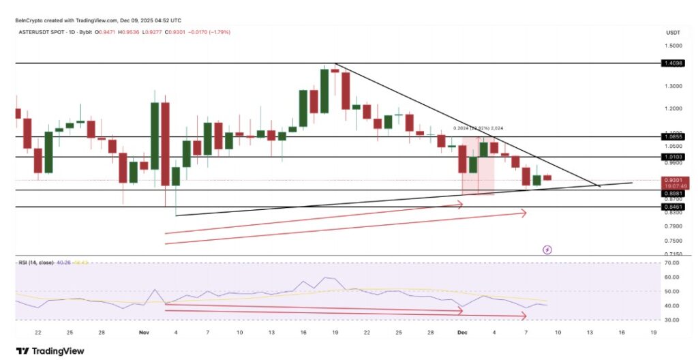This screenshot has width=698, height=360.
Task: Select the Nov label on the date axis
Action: pos(144,332)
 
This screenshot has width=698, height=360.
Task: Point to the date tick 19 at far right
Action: pos(654,332)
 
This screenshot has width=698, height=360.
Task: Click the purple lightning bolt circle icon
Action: pos(547,250)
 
